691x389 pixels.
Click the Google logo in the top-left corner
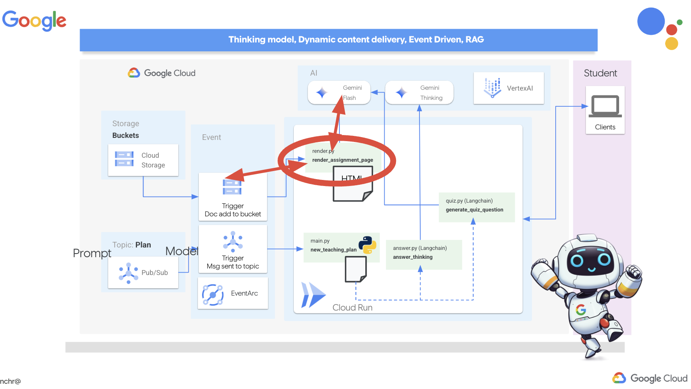(34, 20)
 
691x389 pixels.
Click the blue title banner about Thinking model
(339, 40)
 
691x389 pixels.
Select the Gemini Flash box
(339, 93)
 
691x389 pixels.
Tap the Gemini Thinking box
(419, 93)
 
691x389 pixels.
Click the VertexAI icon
(492, 88)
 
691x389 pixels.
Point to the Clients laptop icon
(605, 106)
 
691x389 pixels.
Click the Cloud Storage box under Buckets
(143, 160)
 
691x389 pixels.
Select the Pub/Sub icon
(129, 273)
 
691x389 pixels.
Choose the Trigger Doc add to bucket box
(233, 197)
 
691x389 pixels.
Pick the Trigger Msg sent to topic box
(233, 249)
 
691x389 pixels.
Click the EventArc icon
(213, 294)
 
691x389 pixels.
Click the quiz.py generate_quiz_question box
(477, 207)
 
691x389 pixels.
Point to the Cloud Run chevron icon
(313, 295)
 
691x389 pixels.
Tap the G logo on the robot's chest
(581, 310)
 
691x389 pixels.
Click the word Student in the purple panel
(600, 73)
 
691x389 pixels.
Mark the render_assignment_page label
(342, 160)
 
